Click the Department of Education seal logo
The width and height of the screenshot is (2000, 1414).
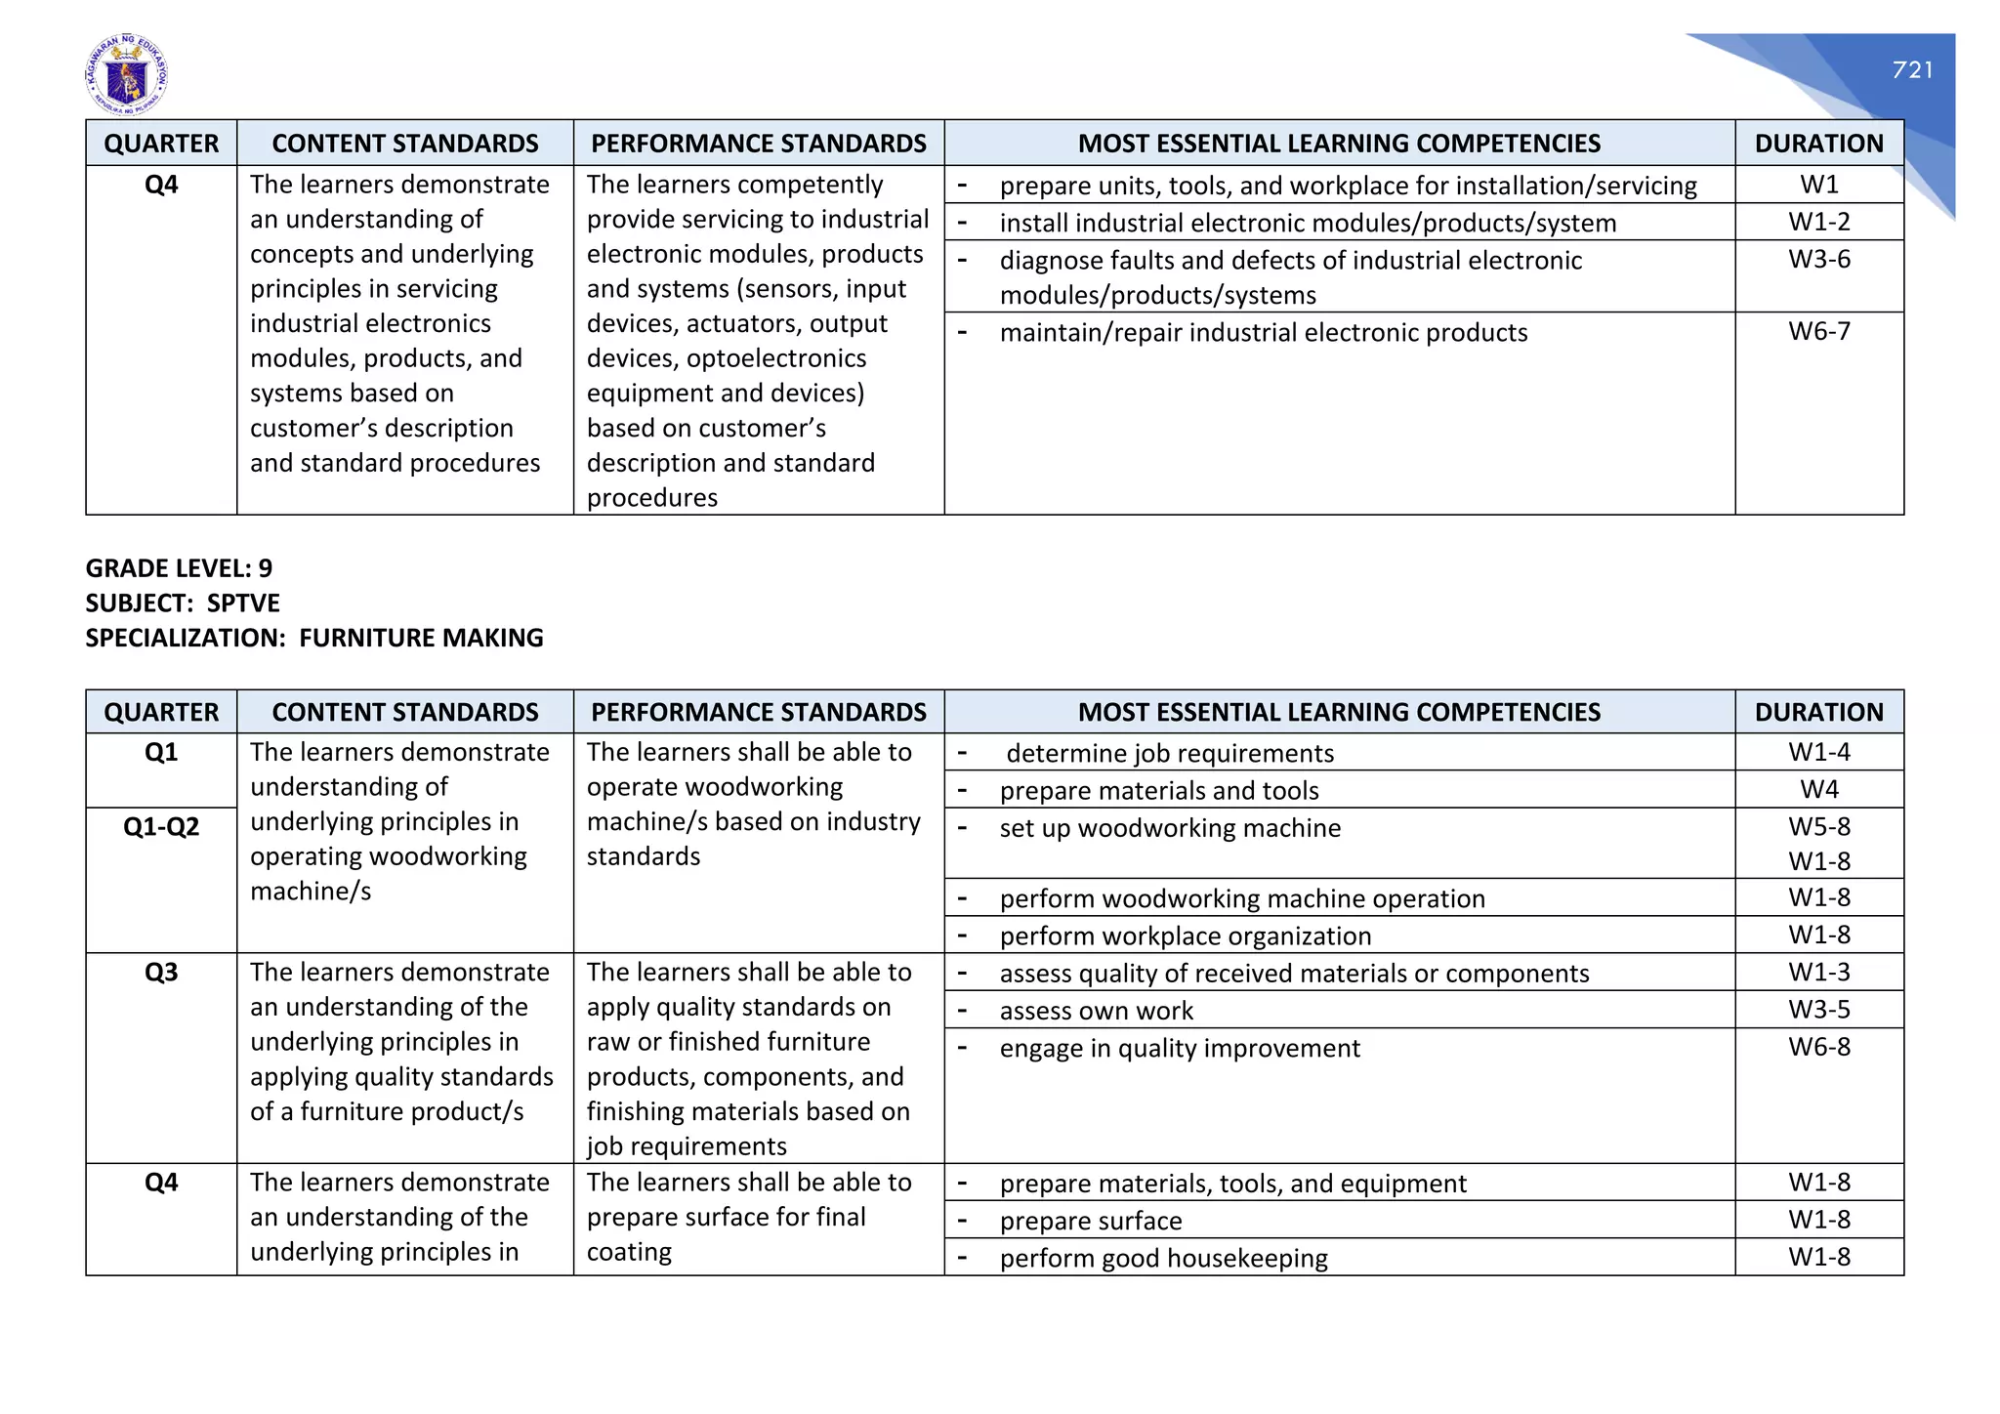pyautogui.click(x=126, y=75)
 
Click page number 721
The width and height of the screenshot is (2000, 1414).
pyautogui.click(x=1912, y=70)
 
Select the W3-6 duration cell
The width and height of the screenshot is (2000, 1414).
pyautogui.click(x=1818, y=260)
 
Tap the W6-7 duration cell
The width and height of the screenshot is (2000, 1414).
pyautogui.click(x=1818, y=332)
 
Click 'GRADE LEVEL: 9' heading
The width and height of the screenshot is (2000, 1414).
pyautogui.click(x=179, y=568)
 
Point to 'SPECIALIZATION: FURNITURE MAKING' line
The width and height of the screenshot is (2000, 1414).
pyautogui.click(x=313, y=638)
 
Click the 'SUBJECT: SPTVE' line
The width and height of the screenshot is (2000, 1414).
pyautogui.click(x=183, y=603)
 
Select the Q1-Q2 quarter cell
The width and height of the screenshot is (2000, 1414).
pyautogui.click(x=161, y=827)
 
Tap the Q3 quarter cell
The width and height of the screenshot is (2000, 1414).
pyautogui.click(x=161, y=973)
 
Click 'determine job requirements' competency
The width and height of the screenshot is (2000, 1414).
pyautogui.click(x=1169, y=754)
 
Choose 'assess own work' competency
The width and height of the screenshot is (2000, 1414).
pyautogui.click(x=1096, y=1011)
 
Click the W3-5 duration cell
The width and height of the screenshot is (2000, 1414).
pyautogui.click(x=1818, y=1010)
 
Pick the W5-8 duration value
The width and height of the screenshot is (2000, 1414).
pyautogui.click(x=1818, y=827)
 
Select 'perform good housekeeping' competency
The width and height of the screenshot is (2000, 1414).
pyautogui.click(x=1163, y=1258)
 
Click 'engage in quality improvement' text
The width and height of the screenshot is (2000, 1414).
pyautogui.click(x=1179, y=1049)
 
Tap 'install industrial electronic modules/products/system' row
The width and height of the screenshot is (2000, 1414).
pyautogui.click(x=1308, y=224)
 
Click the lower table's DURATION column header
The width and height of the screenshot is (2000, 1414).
pyautogui.click(x=1818, y=712)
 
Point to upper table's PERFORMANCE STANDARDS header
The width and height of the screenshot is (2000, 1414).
pyautogui.click(x=758, y=144)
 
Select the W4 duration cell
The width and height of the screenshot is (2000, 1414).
pyautogui.click(x=1818, y=789)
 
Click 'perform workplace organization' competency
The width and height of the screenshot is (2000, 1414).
pyautogui.click(x=1185, y=936)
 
